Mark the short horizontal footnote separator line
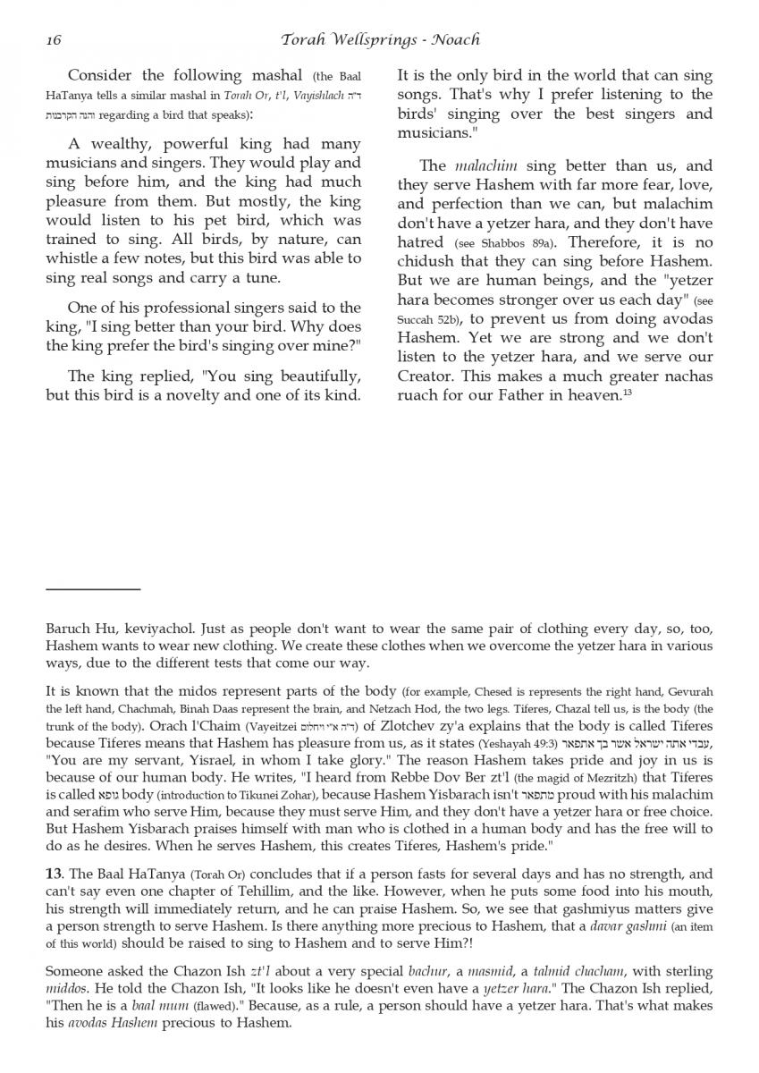(93, 589)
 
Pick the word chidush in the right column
(425, 261)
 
